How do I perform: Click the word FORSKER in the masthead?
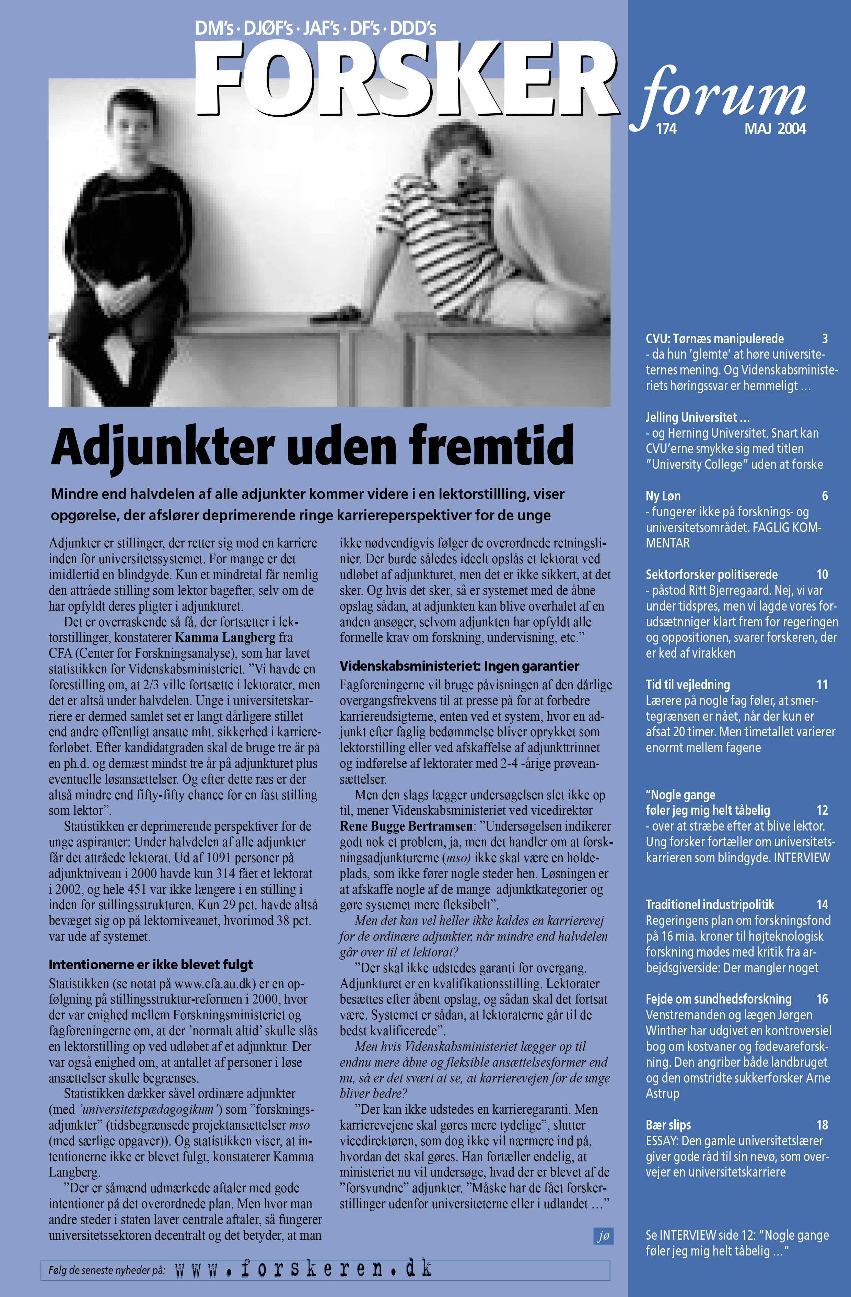point(406,79)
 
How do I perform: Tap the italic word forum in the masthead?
point(725,95)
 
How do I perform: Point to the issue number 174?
point(666,129)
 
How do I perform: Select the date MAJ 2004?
point(775,129)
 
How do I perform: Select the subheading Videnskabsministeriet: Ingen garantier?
point(459,665)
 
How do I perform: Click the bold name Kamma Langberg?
point(225,637)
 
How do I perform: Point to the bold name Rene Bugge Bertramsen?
point(406,826)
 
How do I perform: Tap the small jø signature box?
point(603,1236)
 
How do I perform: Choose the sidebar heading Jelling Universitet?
point(697,417)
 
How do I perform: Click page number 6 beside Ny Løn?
point(824,496)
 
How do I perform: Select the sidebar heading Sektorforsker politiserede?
point(712,575)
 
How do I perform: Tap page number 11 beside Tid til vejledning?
point(821,684)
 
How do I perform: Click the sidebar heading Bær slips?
point(668,1125)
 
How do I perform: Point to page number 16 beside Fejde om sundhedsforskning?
point(821,999)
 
